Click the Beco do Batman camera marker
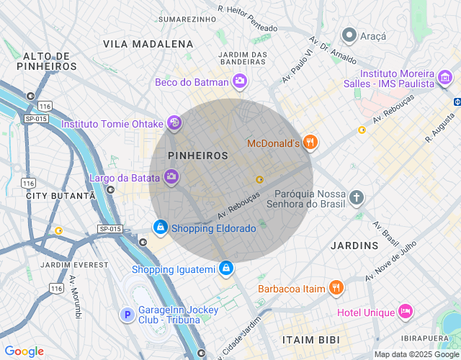[240, 82]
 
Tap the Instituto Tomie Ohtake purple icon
[174, 124]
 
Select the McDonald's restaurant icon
[310, 143]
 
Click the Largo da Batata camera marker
[171, 176]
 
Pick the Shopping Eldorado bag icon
[160, 228]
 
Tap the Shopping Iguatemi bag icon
[226, 269]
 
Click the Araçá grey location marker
[349, 35]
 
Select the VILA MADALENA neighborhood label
[148, 44]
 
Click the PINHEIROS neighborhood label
[197, 156]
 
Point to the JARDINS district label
[354, 246]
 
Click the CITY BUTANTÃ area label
[61, 196]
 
